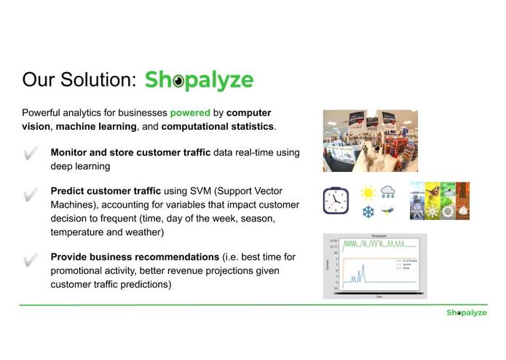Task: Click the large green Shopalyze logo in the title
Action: tap(199, 79)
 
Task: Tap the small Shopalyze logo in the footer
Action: tap(466, 313)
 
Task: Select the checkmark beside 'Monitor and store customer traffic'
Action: tap(31, 154)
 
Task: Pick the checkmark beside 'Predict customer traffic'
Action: tap(31, 195)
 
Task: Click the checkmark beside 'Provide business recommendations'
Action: tap(31, 259)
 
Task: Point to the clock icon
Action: tap(336, 200)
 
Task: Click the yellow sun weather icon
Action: tap(368, 193)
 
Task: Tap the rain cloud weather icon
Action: tap(389, 192)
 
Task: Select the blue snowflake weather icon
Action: tap(368, 212)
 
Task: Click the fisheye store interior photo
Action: tap(370, 141)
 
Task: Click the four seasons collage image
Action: tap(439, 200)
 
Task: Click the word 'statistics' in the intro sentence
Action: tap(250, 127)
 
